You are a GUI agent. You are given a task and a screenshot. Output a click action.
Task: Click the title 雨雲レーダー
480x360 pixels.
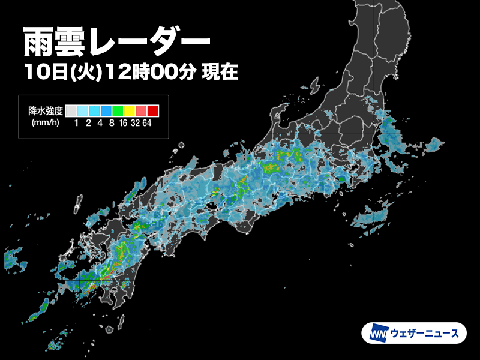point(116,42)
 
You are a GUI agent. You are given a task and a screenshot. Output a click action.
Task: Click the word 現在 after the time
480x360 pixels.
point(221,73)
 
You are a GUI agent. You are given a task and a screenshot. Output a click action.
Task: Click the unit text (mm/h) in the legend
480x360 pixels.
point(44,124)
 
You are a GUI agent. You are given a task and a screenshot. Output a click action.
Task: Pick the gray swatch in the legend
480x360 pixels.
point(71,110)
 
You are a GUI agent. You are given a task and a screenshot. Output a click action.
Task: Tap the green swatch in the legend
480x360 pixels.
point(118,110)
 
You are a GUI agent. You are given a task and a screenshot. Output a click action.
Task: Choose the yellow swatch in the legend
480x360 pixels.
point(130,110)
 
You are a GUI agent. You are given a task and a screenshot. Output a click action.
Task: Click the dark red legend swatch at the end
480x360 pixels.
point(153,110)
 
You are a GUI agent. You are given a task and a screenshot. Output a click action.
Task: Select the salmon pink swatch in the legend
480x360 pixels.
point(141,110)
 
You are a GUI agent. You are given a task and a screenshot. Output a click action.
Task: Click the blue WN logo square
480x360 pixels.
point(377,333)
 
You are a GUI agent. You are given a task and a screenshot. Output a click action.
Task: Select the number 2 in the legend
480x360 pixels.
point(89,124)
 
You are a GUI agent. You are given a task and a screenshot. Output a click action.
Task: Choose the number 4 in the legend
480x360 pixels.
point(100,124)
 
